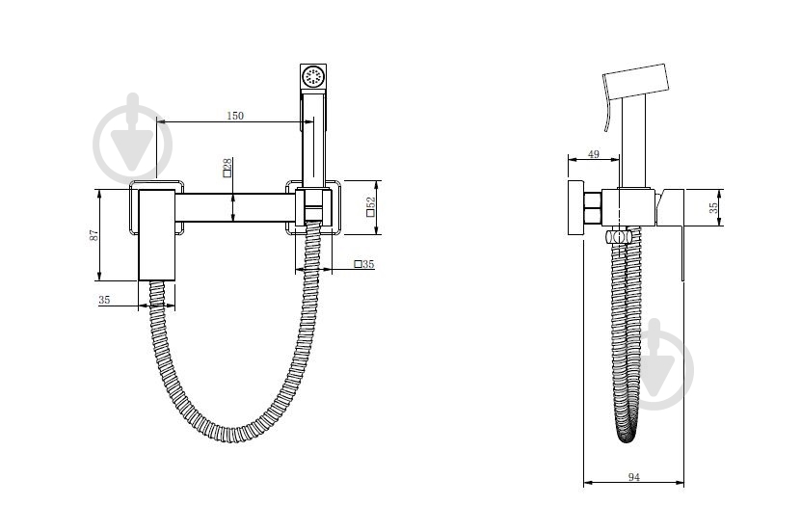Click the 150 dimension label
point(235,116)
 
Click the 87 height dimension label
point(94,235)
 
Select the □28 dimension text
point(227,168)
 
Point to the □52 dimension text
point(371,207)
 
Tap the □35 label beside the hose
point(364,264)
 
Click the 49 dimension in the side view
point(593,153)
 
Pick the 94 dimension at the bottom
point(633,477)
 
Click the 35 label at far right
point(713,207)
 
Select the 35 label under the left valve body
point(104,300)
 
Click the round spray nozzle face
point(312,77)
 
